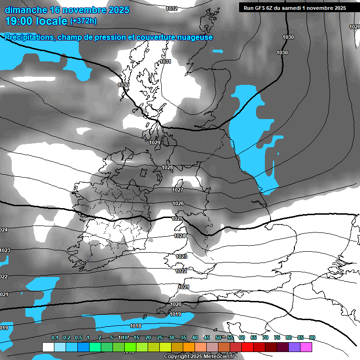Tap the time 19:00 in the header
point(22,21)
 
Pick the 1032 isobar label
point(172,8)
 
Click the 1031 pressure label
point(165,61)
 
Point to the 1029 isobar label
point(155,142)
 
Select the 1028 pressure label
point(167,167)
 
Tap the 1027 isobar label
point(177,190)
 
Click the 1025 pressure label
point(177,218)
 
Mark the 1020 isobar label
point(175,304)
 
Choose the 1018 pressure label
point(135,326)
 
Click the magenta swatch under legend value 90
point(306,347)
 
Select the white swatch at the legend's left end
point(48,347)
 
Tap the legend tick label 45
point(207,337)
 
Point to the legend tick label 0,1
point(55,337)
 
